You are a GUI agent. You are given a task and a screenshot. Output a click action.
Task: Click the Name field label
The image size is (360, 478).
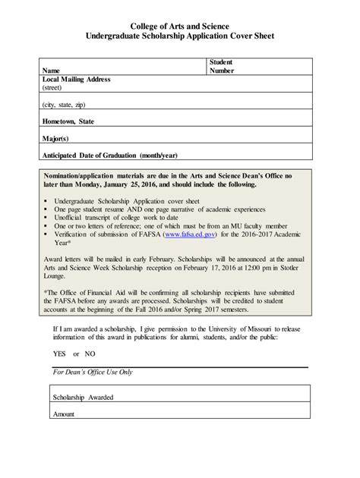[x=51, y=70]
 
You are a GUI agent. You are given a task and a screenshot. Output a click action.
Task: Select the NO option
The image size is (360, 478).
[x=90, y=354]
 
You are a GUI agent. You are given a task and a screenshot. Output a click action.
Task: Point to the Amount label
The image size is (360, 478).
[x=64, y=414]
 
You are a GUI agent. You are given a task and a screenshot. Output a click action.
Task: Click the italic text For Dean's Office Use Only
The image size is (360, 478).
[x=93, y=373]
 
